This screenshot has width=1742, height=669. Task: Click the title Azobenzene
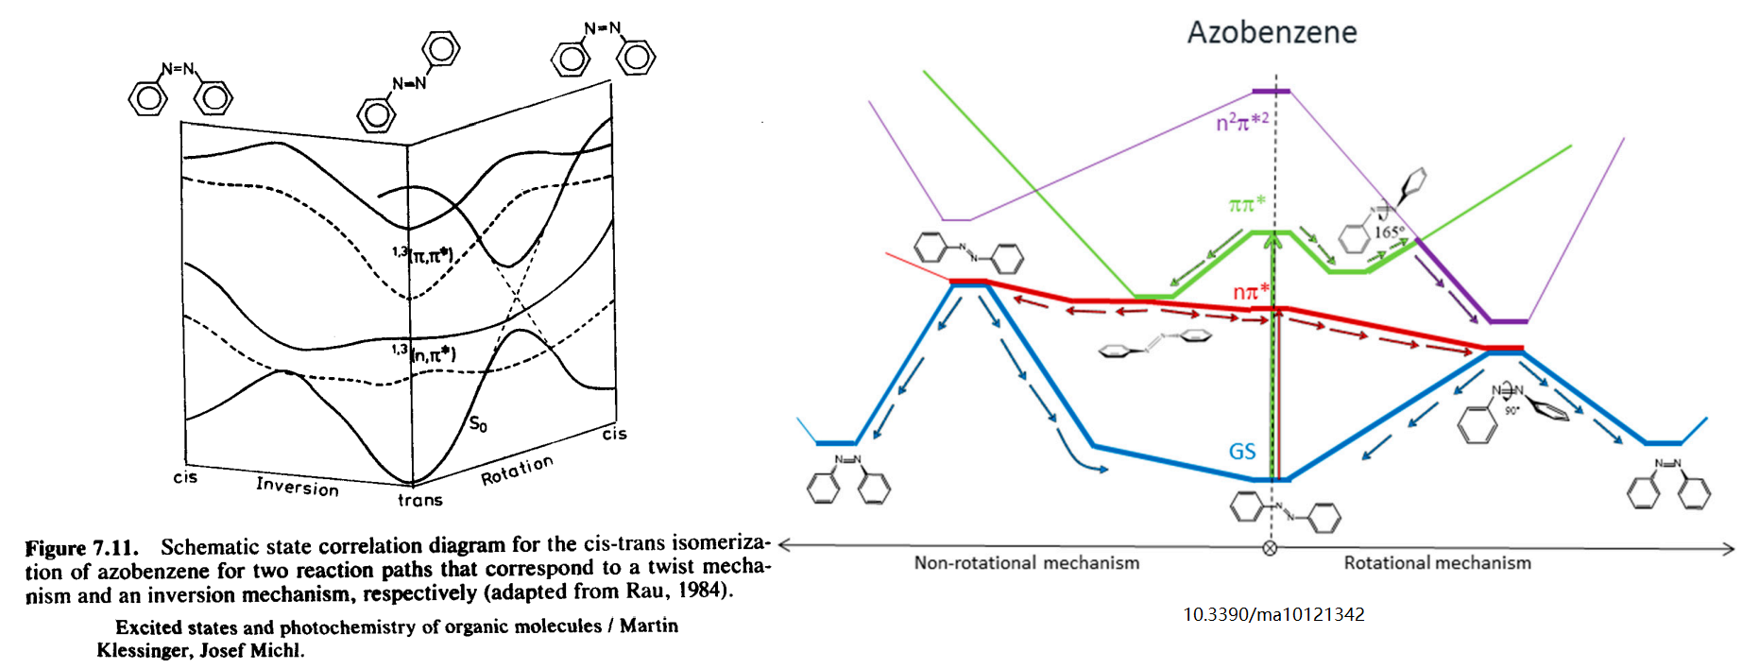tap(1272, 32)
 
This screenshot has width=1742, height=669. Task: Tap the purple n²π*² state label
tap(1241, 122)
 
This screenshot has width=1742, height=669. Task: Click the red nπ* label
tap(1250, 292)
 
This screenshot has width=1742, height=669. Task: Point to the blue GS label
tap(1242, 452)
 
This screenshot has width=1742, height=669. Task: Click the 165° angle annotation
tap(1389, 232)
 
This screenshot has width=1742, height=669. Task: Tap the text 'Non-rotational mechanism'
tap(1026, 563)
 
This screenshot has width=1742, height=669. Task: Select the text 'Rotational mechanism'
tap(1437, 563)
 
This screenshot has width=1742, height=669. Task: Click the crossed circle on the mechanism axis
tap(1270, 548)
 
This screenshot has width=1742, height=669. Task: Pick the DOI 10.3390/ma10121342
tap(1273, 614)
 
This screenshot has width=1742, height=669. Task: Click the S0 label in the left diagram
tap(478, 424)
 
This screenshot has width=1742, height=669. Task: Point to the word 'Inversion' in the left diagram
tap(297, 486)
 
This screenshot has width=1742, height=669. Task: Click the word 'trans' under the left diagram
tap(419, 500)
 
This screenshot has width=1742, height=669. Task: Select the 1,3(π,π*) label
tap(423, 254)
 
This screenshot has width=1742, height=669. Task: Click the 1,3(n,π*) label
tap(424, 353)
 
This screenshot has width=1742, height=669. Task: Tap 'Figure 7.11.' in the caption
tap(81, 548)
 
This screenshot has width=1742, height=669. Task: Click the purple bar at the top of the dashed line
tap(1271, 91)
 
